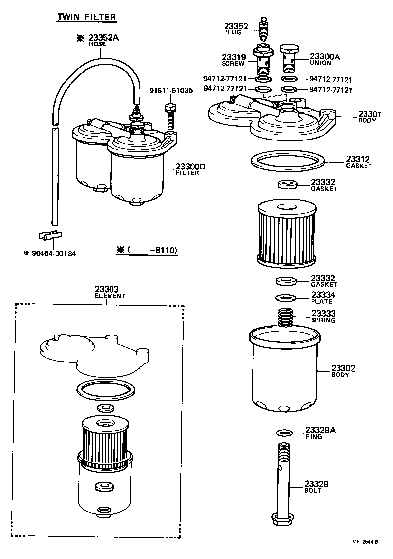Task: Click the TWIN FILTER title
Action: [87, 17]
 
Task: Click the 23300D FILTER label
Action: [191, 169]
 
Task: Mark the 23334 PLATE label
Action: [323, 298]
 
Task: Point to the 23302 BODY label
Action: [343, 371]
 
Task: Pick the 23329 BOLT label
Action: [316, 487]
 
